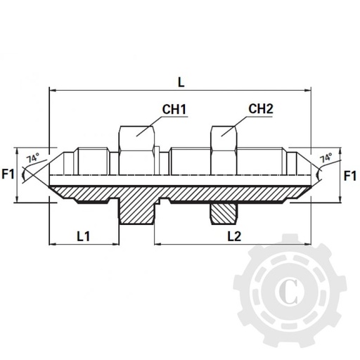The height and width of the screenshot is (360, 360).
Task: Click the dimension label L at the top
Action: [x=181, y=82]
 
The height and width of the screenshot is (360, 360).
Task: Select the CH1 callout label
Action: [x=174, y=110]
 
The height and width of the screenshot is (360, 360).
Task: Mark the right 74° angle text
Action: [x=326, y=159]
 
